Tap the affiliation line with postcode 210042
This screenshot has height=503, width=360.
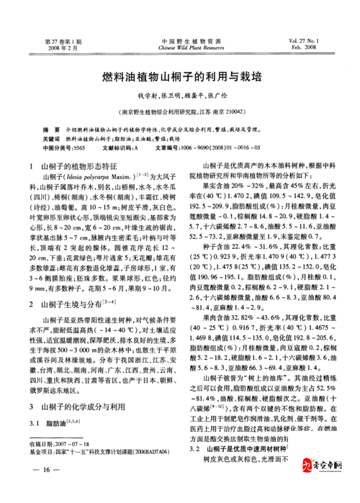click(180, 112)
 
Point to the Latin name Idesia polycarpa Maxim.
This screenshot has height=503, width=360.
click(106, 177)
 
